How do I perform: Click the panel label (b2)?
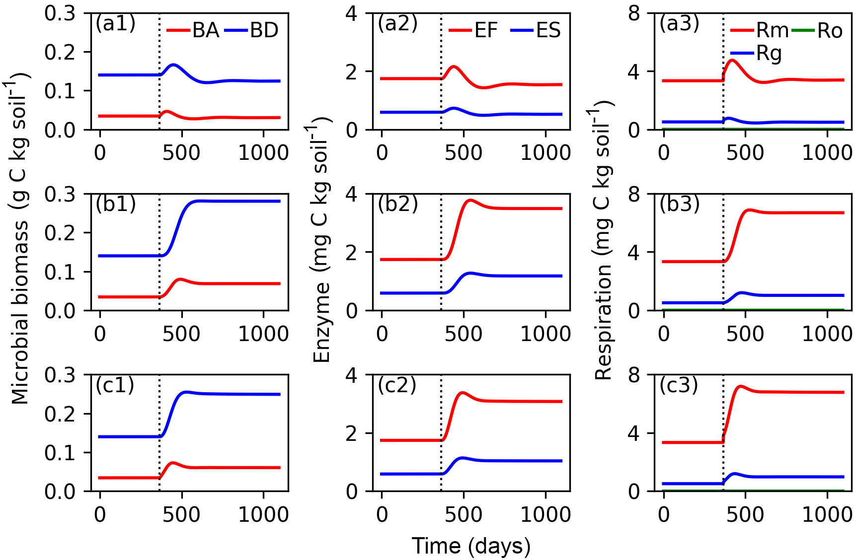tap(397, 204)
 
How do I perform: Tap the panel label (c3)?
tap(679, 385)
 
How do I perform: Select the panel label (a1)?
tap(115, 23)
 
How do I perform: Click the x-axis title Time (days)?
tap(471, 546)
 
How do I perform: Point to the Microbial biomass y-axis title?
tap(20, 238)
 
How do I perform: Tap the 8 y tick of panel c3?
tap(633, 375)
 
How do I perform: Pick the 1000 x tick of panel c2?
tap(545, 514)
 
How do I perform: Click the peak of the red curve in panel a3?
tap(732, 61)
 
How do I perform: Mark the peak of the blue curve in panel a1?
tap(173, 65)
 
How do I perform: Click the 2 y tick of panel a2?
tap(352, 72)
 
